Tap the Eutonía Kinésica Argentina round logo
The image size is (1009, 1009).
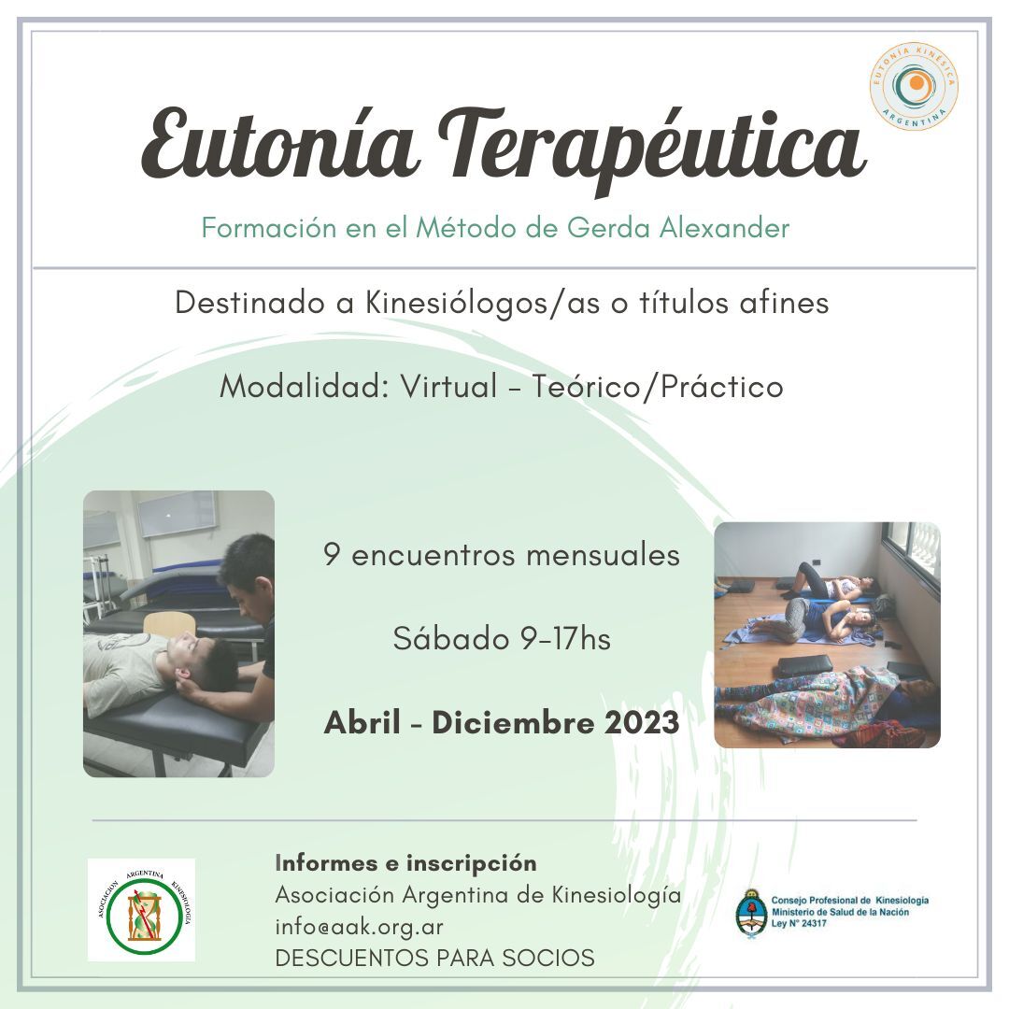click(x=914, y=86)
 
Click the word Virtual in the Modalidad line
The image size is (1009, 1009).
click(x=448, y=386)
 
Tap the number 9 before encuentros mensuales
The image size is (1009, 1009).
click(x=332, y=555)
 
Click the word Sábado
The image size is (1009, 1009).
click(x=451, y=639)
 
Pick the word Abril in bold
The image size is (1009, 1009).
click(x=362, y=722)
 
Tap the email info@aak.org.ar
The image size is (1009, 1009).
click(x=359, y=927)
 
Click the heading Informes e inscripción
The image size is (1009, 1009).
click(x=405, y=863)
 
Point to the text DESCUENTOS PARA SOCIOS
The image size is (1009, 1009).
click(x=435, y=959)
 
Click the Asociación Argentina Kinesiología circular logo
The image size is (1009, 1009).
click(x=142, y=910)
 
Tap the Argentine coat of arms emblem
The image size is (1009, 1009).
click(x=751, y=913)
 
